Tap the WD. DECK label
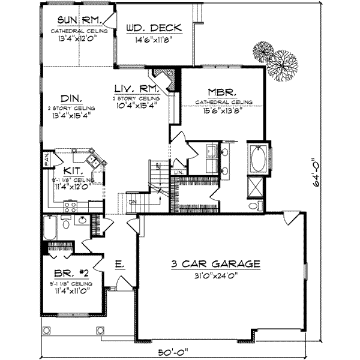pos(154,28)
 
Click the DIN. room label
pos(71,98)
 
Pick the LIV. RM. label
pos(136,89)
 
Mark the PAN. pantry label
pos(46,159)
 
